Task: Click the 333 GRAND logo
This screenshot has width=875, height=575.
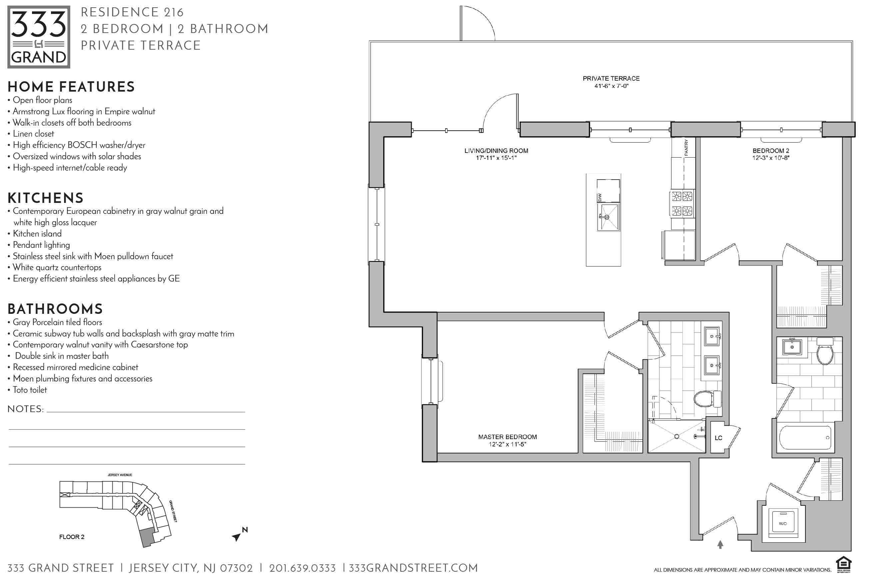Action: (x=39, y=37)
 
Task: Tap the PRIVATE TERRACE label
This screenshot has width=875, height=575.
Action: (x=611, y=78)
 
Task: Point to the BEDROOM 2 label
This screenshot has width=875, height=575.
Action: (x=771, y=151)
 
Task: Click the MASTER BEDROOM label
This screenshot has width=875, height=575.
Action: (x=507, y=437)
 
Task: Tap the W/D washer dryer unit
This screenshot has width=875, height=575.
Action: (x=783, y=523)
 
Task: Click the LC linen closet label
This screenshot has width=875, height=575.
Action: (x=718, y=438)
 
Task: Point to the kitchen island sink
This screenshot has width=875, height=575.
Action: (x=608, y=217)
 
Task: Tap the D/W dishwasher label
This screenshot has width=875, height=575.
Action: (x=600, y=197)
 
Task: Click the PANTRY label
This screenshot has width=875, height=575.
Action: (x=686, y=148)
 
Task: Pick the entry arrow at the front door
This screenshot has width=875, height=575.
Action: (x=720, y=544)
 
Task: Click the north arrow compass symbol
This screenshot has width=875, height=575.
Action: (x=239, y=534)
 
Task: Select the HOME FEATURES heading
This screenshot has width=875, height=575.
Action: (x=71, y=87)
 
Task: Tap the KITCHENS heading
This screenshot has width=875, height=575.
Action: (x=46, y=198)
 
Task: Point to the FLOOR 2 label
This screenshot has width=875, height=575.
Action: (x=72, y=537)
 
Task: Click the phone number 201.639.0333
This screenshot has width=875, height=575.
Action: (x=302, y=568)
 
